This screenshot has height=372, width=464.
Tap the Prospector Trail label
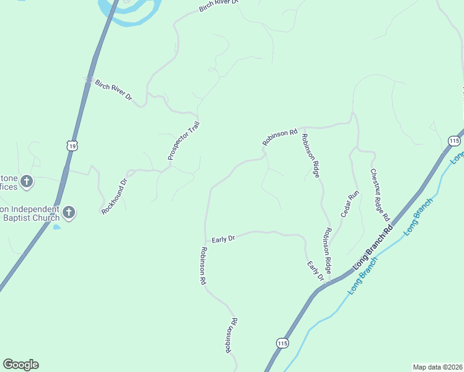184,141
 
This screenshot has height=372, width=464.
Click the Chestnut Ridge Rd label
380,195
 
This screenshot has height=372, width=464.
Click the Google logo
20,365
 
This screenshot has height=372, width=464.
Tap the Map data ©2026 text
437,367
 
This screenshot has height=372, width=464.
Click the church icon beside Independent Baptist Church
69,213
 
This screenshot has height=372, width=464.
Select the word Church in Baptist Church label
46,218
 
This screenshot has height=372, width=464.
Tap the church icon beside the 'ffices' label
26,182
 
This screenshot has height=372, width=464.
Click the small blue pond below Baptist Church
56,227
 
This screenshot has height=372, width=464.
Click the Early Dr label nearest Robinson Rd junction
223,239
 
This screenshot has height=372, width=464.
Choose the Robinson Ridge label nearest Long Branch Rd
327,250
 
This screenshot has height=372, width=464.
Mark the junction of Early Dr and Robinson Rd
205,242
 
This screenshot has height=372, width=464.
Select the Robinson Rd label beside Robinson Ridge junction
280,137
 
